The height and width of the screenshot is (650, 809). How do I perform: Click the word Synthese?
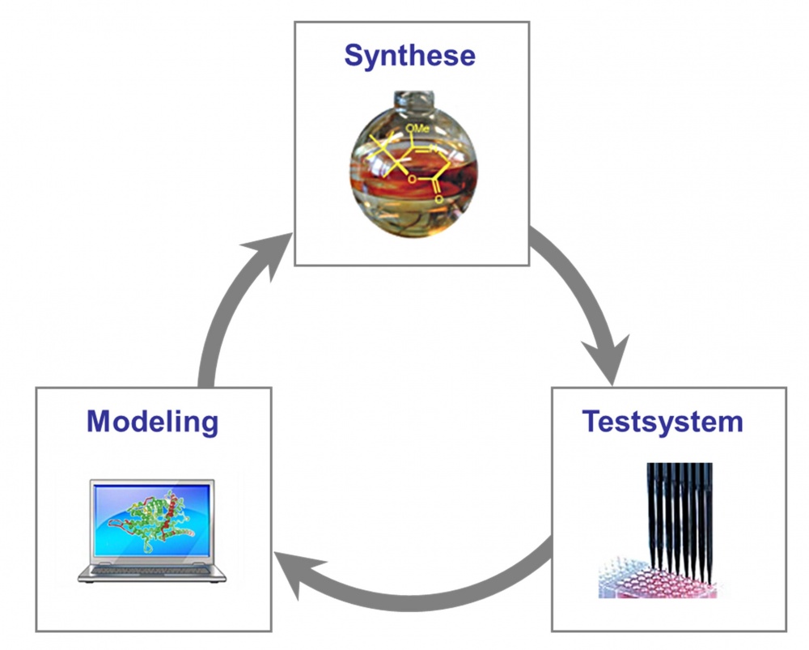click(x=409, y=56)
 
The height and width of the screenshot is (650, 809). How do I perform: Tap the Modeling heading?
click(x=153, y=422)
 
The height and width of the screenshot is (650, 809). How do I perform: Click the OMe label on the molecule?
click(x=417, y=128)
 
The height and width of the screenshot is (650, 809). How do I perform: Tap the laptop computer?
click(x=152, y=531)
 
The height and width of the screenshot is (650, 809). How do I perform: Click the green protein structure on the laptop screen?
click(x=150, y=522)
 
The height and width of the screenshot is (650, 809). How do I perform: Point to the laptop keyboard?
click(x=152, y=570)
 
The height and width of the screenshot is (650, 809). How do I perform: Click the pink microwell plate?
click(x=659, y=578)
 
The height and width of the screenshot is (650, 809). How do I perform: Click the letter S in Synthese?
click(x=354, y=56)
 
